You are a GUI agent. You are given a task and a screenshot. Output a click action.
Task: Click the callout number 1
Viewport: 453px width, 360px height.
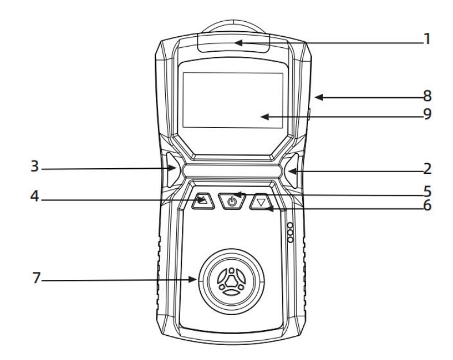point(427,39)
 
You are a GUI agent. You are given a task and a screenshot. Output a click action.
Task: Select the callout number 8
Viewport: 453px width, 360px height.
point(428,96)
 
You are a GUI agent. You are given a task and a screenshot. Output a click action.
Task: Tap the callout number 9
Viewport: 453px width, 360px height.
point(428,114)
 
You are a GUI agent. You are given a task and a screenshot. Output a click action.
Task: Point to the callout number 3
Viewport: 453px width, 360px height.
point(35,166)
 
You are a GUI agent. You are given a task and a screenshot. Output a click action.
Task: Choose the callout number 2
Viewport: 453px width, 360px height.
point(428,169)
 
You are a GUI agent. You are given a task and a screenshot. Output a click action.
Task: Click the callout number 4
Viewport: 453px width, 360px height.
point(35,196)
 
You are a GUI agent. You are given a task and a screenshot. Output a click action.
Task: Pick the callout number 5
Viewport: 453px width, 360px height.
point(428,191)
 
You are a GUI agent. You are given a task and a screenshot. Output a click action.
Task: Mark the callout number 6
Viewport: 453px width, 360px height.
point(428,205)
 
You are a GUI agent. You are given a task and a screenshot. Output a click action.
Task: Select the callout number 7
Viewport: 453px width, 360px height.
point(36,278)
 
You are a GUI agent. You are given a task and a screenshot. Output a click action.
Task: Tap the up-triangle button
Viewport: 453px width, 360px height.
point(203,200)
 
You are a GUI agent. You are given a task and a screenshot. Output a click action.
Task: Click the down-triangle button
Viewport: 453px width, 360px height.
point(261,201)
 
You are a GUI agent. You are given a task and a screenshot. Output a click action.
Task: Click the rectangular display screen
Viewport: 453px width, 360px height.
point(233,100)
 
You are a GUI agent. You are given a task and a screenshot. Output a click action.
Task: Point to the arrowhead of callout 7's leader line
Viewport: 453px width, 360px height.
point(193,279)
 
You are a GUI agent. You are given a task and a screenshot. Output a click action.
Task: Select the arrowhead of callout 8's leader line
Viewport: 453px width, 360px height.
point(319,97)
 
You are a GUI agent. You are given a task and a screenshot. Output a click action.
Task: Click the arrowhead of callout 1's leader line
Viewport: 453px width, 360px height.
point(239,43)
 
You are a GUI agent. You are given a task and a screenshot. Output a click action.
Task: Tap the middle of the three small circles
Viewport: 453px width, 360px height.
point(291,232)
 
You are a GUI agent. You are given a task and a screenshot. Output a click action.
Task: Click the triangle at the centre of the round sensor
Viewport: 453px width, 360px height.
point(231,280)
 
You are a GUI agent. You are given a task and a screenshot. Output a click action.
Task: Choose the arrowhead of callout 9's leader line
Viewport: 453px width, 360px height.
point(265,117)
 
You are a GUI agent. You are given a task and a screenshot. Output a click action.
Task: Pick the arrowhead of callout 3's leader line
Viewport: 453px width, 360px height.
point(172,168)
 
